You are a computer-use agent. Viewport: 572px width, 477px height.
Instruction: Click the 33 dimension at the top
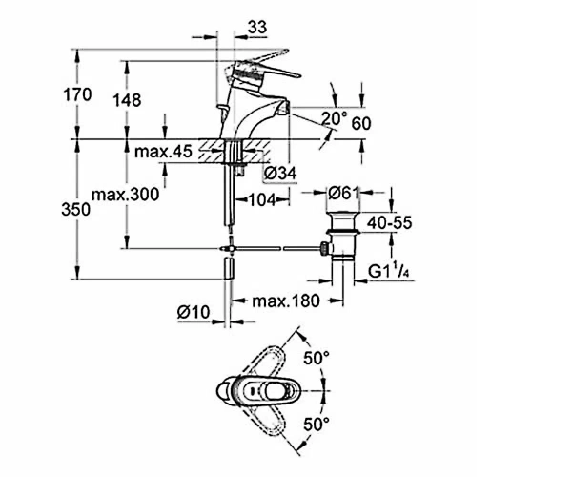pyautogui.click(x=257, y=28)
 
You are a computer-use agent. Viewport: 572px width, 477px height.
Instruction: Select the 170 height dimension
pyautogui.click(x=77, y=94)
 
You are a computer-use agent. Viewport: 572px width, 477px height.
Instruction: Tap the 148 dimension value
pyautogui.click(x=127, y=100)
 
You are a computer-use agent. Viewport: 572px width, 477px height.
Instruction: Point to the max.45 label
pyautogui.click(x=163, y=152)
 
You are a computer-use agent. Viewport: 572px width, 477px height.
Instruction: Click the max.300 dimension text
pyautogui.click(x=125, y=195)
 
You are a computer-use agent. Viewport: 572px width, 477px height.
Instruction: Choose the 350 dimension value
pyautogui.click(x=76, y=210)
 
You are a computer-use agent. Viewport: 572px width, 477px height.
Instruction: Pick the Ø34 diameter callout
pyautogui.click(x=280, y=174)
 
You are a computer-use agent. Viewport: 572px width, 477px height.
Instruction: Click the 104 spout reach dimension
pyautogui.click(x=262, y=199)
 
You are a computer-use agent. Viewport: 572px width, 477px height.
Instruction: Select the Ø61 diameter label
pyautogui.click(x=344, y=193)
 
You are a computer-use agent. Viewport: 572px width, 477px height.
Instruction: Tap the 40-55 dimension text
pyautogui.click(x=389, y=222)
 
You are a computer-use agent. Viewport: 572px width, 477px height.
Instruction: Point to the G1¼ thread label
pyautogui.click(x=388, y=271)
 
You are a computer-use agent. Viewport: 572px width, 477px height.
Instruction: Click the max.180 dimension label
pyautogui.click(x=286, y=301)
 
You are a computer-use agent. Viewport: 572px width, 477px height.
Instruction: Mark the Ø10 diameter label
pyautogui.click(x=194, y=312)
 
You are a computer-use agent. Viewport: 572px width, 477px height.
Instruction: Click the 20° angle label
pyautogui.click(x=335, y=118)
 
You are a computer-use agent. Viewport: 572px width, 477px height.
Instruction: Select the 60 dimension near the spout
pyautogui.click(x=361, y=124)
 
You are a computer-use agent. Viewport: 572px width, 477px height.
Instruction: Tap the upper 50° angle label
pyautogui.click(x=317, y=358)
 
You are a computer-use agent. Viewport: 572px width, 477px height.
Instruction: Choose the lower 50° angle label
pyautogui.click(x=317, y=425)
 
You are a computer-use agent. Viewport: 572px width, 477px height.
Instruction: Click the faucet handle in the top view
pyautogui.click(x=262, y=391)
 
